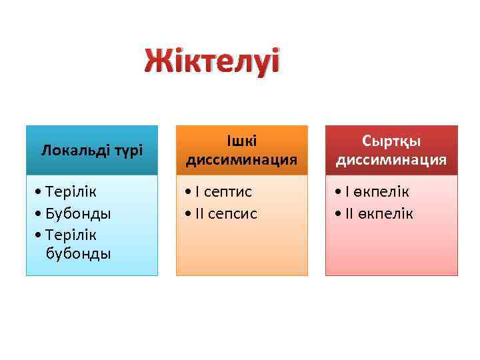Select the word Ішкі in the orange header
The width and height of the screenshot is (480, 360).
(x=241, y=141)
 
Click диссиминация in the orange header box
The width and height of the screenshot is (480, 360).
(x=241, y=160)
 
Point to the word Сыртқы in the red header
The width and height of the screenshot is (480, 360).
(x=391, y=141)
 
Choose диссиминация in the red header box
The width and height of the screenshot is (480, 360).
(x=391, y=160)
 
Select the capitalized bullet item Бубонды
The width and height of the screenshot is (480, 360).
(x=79, y=213)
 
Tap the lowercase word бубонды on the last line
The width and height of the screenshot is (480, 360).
(x=78, y=254)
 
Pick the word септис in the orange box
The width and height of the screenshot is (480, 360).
(x=228, y=192)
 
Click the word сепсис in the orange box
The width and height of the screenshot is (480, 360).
(x=233, y=213)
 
